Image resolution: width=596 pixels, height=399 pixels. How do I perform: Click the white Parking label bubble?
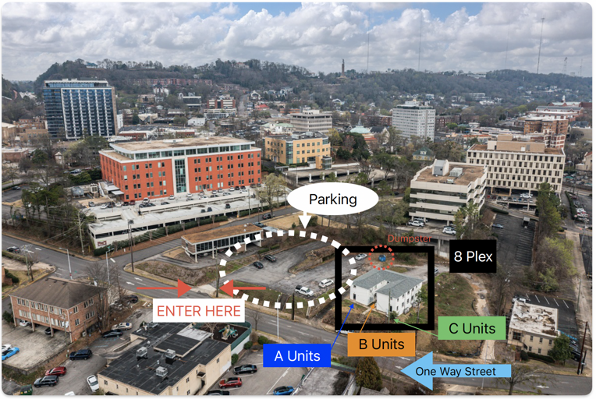333,199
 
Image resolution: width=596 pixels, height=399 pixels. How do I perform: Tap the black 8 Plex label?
472,256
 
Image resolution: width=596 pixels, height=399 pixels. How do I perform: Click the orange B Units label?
381,344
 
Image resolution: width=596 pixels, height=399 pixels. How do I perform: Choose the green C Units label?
472,328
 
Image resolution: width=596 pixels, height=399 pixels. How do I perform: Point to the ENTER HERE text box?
199,311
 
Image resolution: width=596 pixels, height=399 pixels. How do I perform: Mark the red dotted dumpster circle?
381,256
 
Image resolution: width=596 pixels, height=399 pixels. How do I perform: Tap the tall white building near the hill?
413,120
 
